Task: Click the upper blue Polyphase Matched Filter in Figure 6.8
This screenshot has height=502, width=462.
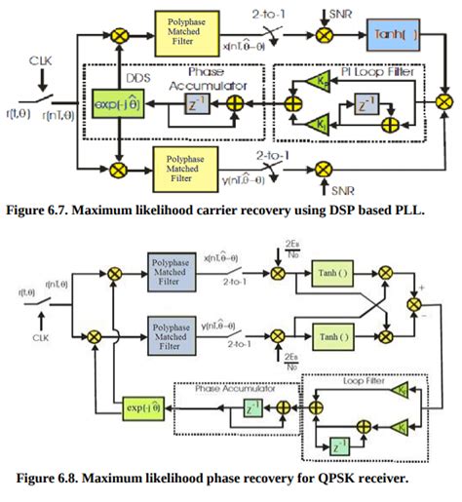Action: pos(175,269)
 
